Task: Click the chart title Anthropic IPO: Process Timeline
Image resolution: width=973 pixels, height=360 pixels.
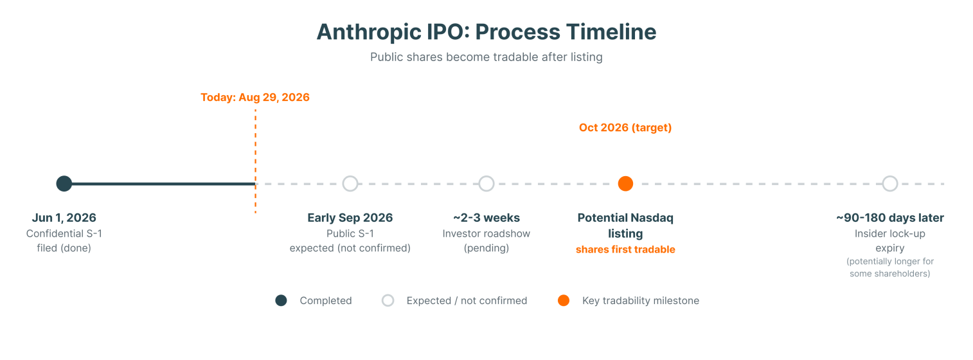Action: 486,32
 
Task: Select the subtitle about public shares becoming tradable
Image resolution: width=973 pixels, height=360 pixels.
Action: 486,57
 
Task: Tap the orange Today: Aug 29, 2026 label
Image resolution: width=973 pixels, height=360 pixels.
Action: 255,97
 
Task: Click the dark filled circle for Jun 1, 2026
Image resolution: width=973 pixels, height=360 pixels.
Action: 64,184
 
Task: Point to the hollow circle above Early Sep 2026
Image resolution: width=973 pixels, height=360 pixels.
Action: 350,176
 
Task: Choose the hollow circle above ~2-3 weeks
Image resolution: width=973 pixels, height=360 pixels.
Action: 486,176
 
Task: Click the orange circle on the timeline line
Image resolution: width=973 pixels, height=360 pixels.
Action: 625,184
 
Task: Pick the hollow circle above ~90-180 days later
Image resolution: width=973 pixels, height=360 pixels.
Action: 890,176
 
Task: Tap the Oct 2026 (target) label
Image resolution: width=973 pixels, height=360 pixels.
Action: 625,128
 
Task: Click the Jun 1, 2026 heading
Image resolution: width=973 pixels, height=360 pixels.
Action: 64,217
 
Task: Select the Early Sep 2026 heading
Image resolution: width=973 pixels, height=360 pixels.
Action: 350,218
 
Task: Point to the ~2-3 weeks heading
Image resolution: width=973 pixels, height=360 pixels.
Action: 486,217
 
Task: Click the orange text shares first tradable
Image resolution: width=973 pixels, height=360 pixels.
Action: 625,249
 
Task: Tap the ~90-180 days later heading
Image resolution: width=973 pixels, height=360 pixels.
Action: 890,218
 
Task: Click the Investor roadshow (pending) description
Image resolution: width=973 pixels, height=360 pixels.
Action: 486,240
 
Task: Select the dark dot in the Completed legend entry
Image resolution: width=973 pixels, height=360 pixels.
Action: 281,300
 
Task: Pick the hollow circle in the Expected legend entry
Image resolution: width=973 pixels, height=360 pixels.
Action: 388,295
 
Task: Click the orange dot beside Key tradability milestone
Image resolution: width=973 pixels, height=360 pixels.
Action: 564,300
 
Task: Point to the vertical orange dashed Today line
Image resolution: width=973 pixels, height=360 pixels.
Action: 255,161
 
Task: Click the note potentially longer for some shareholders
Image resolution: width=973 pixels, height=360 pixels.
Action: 890,267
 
